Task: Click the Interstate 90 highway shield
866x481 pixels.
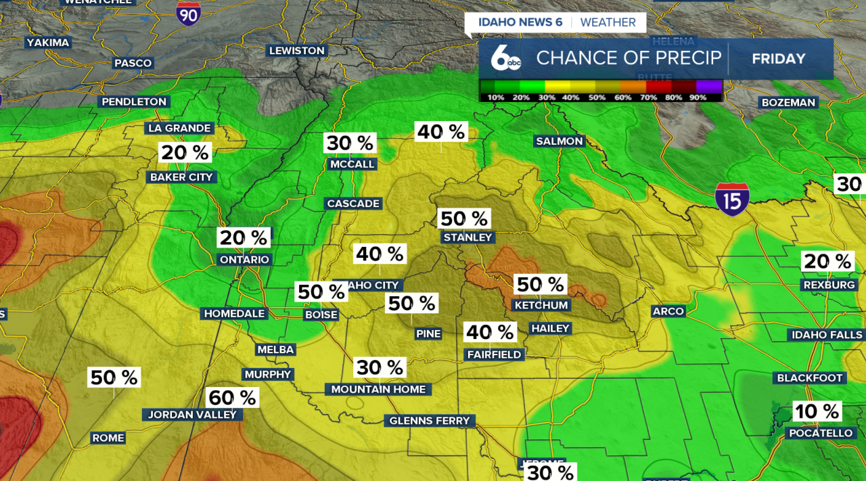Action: (188, 12)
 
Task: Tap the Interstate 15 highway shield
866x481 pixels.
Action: (732, 199)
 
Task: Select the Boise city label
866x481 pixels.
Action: (321, 315)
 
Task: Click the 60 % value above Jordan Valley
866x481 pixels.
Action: (232, 398)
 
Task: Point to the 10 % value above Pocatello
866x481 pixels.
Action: (817, 411)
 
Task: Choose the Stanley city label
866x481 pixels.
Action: (468, 237)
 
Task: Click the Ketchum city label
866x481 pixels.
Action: (541, 305)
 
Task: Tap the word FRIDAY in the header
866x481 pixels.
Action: (779, 59)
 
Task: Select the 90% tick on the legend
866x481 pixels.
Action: (698, 97)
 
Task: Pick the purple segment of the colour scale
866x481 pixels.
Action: (710, 87)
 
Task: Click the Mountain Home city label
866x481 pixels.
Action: (379, 389)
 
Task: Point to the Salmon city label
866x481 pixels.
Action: (559, 141)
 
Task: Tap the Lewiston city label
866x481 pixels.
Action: (297, 51)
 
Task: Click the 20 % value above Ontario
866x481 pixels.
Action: (244, 237)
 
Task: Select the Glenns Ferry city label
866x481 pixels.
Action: (430, 421)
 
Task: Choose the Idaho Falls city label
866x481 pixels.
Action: (827, 335)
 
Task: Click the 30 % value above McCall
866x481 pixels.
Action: (350, 143)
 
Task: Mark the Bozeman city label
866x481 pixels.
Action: (788, 103)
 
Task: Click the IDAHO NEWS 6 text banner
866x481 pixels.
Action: (520, 22)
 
